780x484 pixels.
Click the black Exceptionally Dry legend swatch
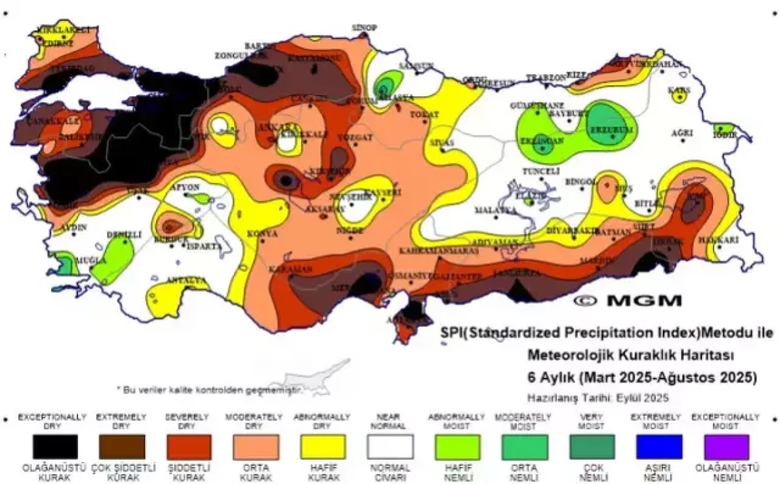point(55,447)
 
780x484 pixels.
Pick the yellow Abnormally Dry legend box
point(323,447)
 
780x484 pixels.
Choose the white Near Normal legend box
point(390,447)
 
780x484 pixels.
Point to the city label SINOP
point(365,27)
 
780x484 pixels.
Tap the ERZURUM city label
point(612,130)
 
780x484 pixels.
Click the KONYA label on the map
point(263,234)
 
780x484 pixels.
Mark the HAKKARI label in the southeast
point(719,240)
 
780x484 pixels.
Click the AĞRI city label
point(682,133)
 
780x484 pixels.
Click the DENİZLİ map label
point(123,234)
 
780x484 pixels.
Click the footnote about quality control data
point(209,390)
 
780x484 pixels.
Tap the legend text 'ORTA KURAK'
point(256,472)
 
